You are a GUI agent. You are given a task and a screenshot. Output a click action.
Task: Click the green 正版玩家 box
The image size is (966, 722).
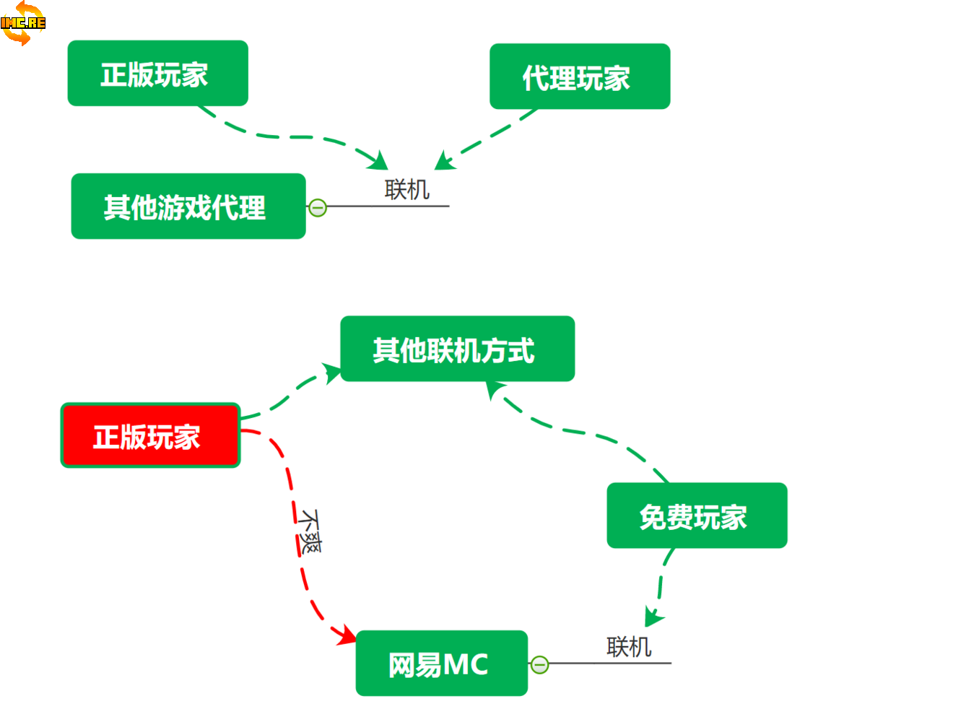click(157, 74)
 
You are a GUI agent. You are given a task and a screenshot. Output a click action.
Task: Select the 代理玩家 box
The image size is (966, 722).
click(579, 77)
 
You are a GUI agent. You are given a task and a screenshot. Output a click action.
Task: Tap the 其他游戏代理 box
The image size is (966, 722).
click(188, 206)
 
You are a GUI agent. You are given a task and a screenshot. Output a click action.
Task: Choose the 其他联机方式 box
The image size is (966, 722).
click(457, 349)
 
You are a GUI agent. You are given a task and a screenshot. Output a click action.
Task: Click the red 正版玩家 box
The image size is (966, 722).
click(150, 435)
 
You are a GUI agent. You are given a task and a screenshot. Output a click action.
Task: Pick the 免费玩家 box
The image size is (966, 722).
click(696, 516)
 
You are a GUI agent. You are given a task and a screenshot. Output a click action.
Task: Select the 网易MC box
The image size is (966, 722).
click(441, 664)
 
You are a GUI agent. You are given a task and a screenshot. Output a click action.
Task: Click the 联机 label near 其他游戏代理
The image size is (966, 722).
click(407, 190)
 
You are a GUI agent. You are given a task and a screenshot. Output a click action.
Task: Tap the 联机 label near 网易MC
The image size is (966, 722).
click(629, 647)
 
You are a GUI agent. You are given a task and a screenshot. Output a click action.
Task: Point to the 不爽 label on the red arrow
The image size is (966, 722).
click(310, 531)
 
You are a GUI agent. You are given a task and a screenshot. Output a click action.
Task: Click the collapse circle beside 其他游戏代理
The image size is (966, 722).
click(318, 208)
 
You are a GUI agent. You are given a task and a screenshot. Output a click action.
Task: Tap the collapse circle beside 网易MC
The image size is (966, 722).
click(539, 664)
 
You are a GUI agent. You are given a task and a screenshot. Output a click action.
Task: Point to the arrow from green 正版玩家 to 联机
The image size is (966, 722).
click(289, 136)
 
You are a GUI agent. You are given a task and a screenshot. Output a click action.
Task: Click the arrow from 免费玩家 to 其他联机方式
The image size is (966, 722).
click(578, 432)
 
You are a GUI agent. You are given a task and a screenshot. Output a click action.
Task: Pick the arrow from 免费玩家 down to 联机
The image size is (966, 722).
click(659, 585)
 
